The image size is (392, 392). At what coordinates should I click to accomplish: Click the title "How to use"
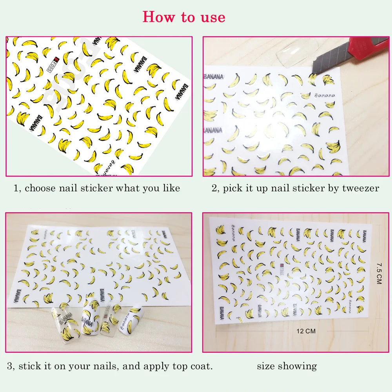[x=184, y=17]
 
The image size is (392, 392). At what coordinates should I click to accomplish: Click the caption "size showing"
[x=287, y=367]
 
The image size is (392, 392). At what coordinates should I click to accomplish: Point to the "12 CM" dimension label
[x=306, y=331]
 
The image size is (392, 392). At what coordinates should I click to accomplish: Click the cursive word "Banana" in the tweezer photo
[x=324, y=95]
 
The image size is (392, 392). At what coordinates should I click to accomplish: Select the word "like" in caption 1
[x=171, y=189]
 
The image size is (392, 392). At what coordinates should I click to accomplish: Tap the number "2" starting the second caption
[x=214, y=189]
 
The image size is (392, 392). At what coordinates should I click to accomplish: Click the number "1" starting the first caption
[x=16, y=189]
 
